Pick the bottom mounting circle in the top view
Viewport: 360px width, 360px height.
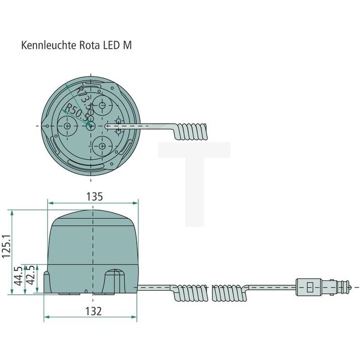pos(102,147)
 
